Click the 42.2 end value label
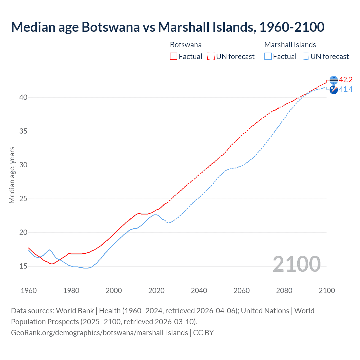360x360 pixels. click(346, 80)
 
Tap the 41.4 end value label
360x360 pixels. click(346, 89)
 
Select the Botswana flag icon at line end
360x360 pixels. click(334, 80)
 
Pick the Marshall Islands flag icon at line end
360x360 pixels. click(334, 90)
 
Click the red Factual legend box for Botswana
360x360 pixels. click(174, 57)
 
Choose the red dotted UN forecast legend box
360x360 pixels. click(211, 57)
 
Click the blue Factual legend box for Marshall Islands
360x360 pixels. click(268, 57)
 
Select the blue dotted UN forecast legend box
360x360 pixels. click(305, 57)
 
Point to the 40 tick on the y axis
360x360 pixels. click(23, 98)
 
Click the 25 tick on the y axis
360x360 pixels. click(23, 199)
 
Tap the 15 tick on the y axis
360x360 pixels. click(23, 266)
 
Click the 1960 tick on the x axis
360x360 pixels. click(29, 291)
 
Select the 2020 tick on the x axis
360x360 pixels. click(156, 291)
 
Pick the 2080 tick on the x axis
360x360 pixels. click(284, 291)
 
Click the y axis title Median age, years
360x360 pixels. click(12, 175)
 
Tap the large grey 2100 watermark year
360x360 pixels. click(296, 264)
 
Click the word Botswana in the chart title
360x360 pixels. click(111, 27)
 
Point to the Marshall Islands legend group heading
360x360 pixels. click(290, 45)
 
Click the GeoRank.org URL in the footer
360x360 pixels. click(99, 333)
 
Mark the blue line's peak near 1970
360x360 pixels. click(50, 250)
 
